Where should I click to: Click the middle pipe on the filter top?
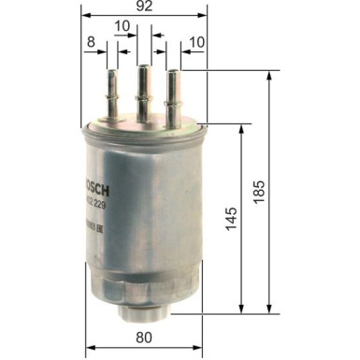click(x=143, y=89)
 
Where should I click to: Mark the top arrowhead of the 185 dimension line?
click(x=271, y=71)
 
